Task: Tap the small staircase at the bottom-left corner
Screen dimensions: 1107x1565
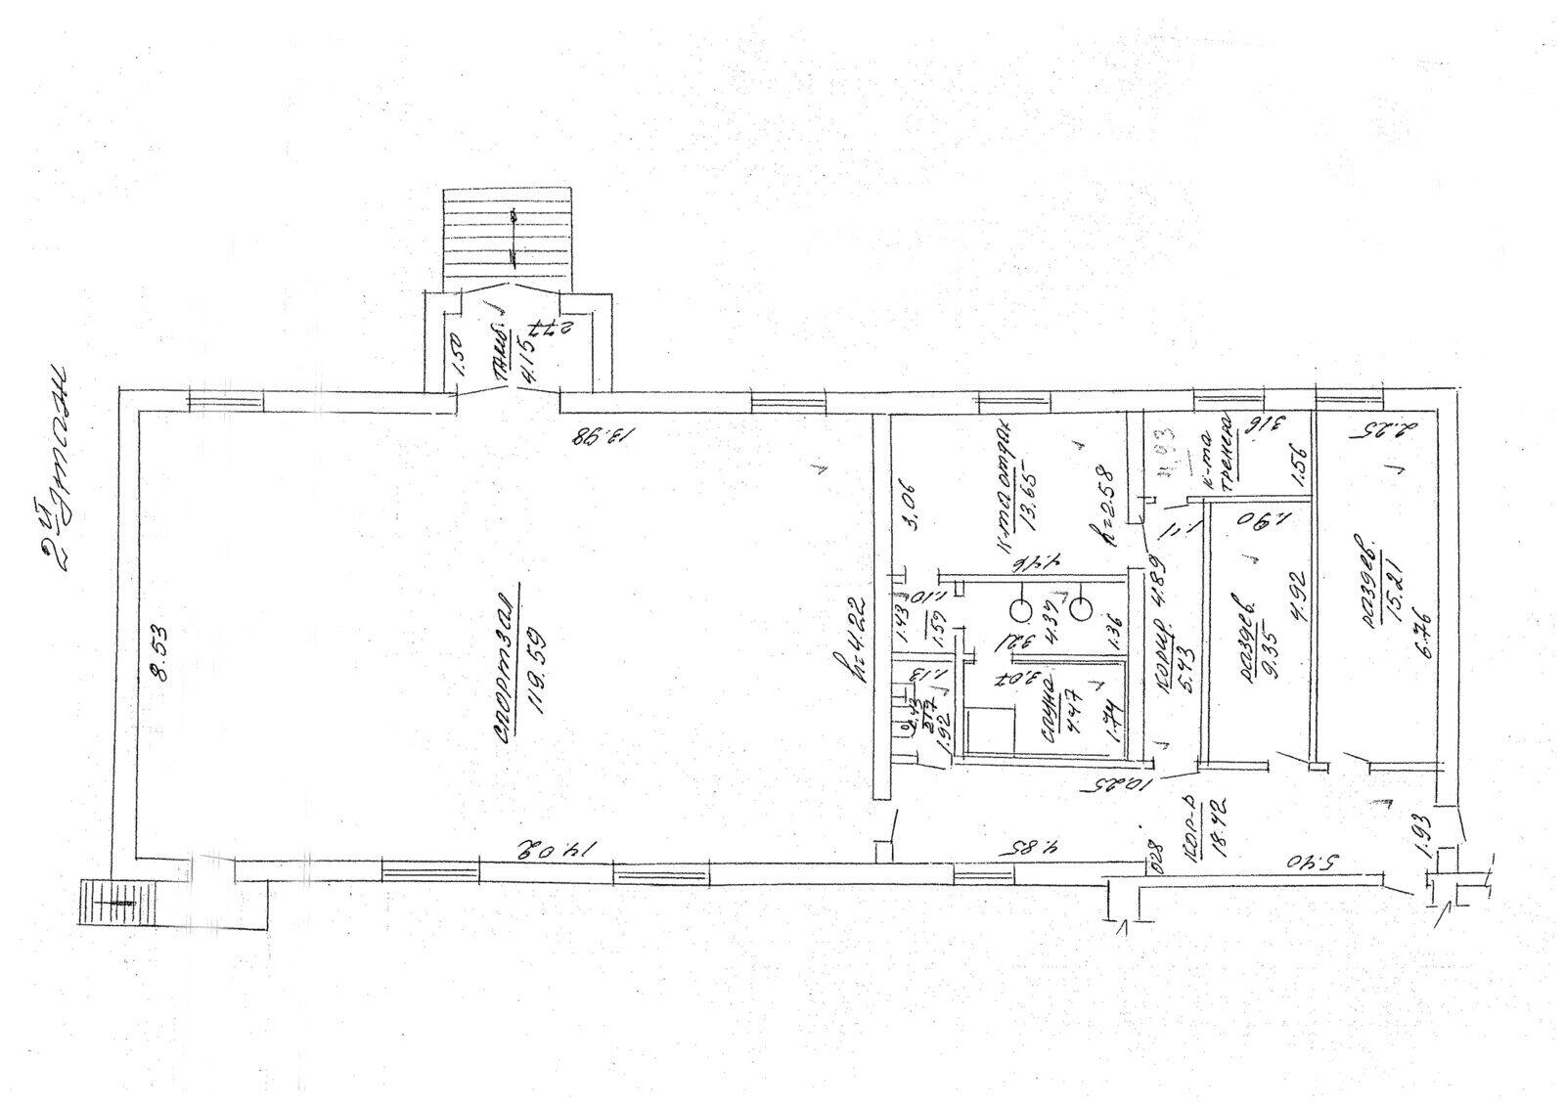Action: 109,907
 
